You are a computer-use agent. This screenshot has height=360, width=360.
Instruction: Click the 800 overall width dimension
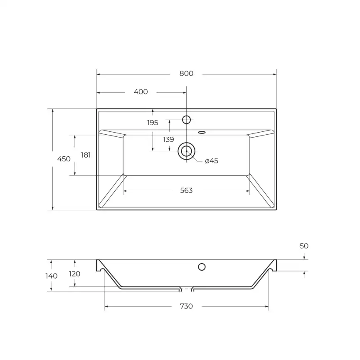point(186,74)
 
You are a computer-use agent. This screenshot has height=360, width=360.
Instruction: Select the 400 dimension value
point(141,92)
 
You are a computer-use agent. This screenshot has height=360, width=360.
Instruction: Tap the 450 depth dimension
point(64,159)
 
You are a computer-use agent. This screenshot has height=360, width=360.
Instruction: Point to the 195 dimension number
point(153,123)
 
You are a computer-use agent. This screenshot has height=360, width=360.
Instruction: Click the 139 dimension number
point(168,140)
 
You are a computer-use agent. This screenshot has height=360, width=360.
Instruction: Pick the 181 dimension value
point(86,155)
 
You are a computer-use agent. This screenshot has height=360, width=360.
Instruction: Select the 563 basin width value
point(186,190)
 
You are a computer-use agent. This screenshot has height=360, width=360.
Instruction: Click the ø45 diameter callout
point(212,161)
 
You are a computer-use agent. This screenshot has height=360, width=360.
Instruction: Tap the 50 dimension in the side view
point(304,246)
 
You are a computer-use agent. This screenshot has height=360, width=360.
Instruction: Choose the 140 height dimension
point(52,276)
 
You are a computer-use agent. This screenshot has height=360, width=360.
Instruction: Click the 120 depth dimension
point(75,274)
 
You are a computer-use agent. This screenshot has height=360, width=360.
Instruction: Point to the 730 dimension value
point(186,306)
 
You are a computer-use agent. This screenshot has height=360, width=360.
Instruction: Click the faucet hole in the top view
point(187,120)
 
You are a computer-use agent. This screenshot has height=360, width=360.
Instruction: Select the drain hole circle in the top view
point(186,151)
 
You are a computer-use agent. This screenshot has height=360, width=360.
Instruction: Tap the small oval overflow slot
point(202,133)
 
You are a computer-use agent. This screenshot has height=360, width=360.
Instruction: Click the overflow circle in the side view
point(202,266)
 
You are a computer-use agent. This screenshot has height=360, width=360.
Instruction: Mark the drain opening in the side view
point(187,288)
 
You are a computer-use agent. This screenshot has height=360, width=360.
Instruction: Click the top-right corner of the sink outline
point(276,109)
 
